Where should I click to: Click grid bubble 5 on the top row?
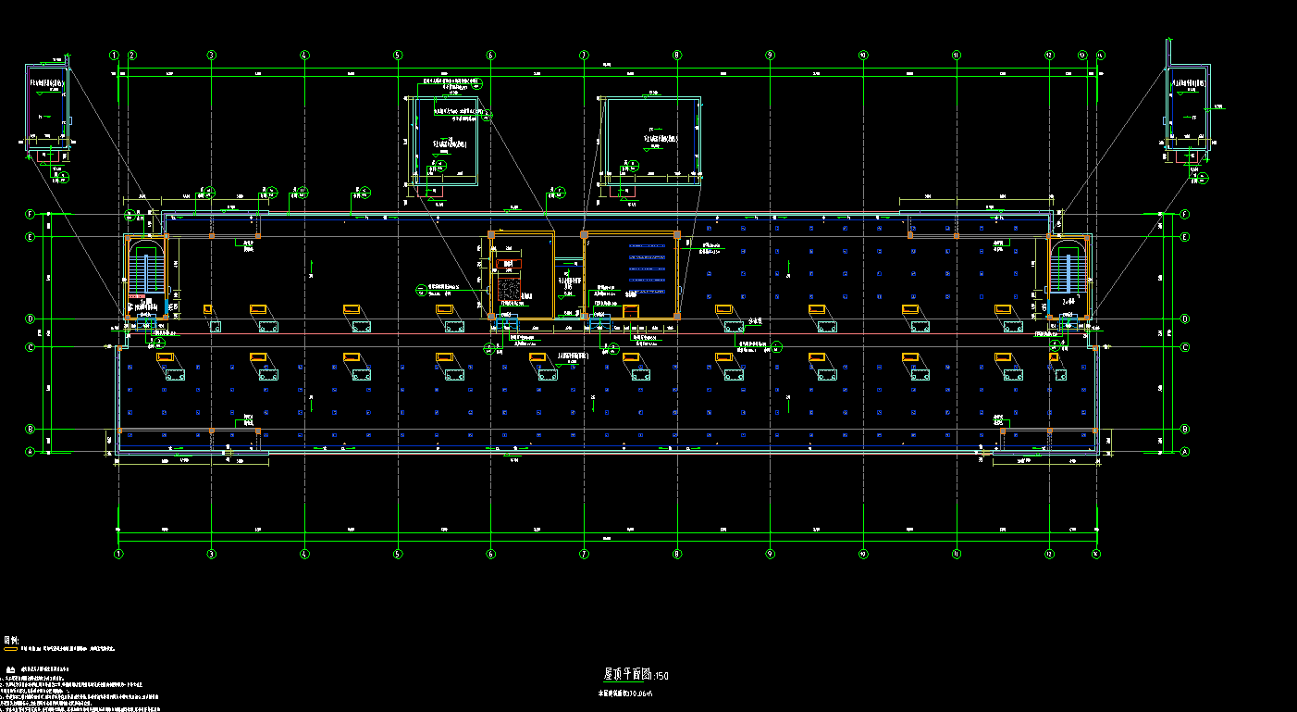[398, 56]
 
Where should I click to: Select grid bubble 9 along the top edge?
[770, 56]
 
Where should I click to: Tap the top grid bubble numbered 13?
[1082, 56]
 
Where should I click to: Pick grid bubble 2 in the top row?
[132, 56]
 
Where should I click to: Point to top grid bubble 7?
[584, 56]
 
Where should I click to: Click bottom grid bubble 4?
[304, 554]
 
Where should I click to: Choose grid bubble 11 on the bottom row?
[957, 554]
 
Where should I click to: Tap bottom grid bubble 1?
[118, 554]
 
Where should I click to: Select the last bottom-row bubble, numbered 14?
[1096, 554]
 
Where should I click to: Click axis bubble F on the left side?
[31, 215]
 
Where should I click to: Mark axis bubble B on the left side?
[31, 430]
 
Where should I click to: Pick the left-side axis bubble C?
[31, 347]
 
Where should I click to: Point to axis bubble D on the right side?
[1185, 319]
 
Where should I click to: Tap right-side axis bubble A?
[1185, 452]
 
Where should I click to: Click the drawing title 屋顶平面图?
[628, 674]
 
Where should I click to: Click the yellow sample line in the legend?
[11, 650]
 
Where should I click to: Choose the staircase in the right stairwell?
[1073, 272]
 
